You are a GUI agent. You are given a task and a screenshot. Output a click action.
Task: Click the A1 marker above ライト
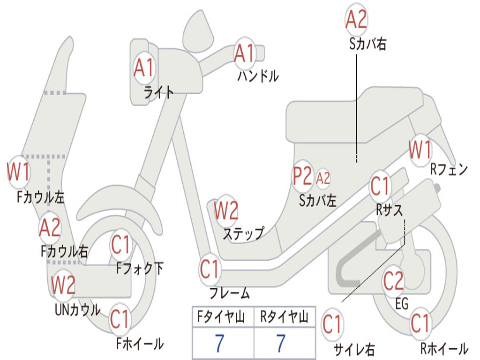pos(143,68)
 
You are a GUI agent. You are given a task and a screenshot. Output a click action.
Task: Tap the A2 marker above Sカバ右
pos(356,19)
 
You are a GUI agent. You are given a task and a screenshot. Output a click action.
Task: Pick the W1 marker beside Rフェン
pos(420,150)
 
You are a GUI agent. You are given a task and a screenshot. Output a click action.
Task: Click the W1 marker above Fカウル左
pos(18,172)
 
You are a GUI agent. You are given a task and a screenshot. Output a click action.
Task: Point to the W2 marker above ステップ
pos(226,211)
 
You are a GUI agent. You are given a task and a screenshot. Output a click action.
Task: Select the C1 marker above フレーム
pos(210,270)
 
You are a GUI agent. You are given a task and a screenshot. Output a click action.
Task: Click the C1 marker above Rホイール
pos(420,323)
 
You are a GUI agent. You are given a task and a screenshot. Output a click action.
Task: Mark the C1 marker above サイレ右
pos(332,324)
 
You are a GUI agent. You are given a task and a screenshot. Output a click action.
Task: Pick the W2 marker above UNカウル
pos(63,285)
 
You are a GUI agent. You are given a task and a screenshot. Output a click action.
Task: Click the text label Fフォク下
pos(140,269)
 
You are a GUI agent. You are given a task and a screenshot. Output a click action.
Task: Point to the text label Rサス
pos(389,210)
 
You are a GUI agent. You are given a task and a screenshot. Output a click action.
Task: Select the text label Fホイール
pos(140,344)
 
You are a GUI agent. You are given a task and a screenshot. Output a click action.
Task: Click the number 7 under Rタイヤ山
pos(280,344)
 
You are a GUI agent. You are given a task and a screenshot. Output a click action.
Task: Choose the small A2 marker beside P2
pos(323,178)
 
